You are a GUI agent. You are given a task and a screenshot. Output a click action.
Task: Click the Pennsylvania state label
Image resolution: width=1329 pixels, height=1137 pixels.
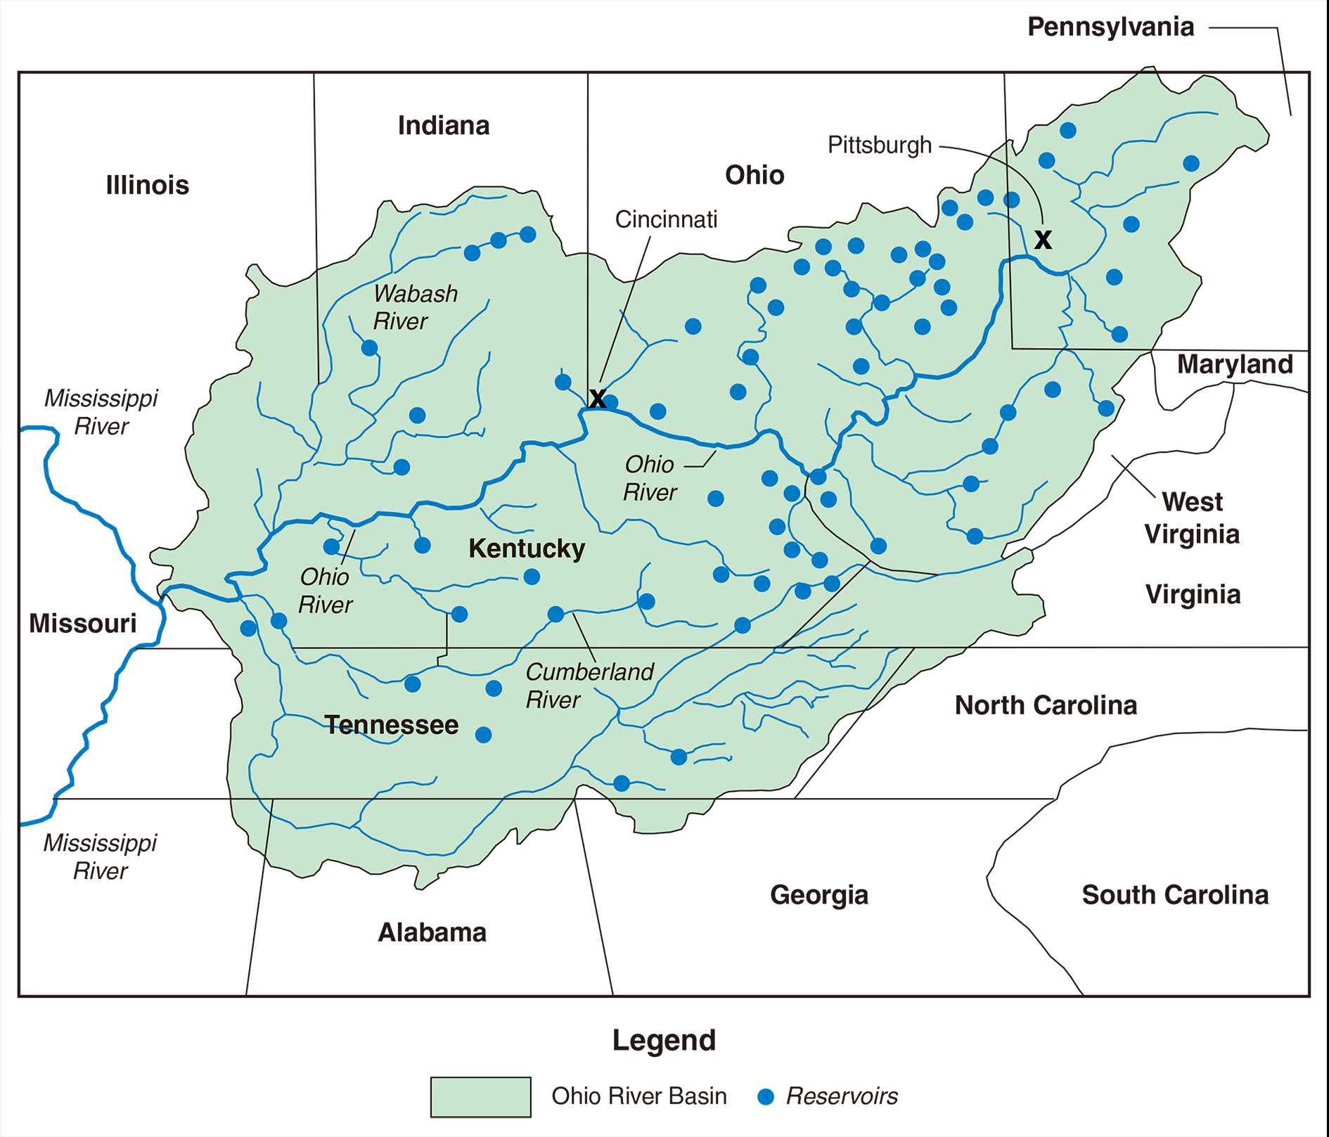[x=1110, y=27]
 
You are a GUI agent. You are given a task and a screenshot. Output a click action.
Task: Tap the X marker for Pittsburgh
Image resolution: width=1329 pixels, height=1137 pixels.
[x=1043, y=240]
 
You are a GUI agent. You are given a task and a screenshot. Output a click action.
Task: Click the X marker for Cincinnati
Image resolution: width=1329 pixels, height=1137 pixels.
[x=597, y=399]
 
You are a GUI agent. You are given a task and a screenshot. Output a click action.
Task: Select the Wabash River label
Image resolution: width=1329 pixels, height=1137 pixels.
[x=415, y=307]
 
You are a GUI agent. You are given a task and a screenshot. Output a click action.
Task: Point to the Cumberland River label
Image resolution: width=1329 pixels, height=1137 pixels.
[x=589, y=686]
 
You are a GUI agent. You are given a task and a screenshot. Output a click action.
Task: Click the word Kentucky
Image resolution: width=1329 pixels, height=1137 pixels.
[x=527, y=548]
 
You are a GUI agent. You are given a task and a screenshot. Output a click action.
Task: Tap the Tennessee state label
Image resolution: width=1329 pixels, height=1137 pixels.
[x=392, y=725]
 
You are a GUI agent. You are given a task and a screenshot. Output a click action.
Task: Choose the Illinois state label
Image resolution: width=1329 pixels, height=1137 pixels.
[x=148, y=185]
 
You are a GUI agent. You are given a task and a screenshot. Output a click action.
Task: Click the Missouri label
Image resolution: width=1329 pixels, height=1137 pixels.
[x=83, y=624]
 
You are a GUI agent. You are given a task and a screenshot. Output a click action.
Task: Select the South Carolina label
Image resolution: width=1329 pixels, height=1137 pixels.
[x=1175, y=895]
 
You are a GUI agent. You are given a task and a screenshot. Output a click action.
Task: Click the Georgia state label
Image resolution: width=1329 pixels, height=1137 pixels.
[x=819, y=895]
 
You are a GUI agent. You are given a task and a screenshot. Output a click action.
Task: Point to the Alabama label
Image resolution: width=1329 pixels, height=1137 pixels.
[x=432, y=932]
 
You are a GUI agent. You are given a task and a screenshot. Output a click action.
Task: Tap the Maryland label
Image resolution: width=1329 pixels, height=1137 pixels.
[x=1235, y=364]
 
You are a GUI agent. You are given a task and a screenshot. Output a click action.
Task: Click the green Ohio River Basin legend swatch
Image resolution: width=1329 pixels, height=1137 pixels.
[x=480, y=1096]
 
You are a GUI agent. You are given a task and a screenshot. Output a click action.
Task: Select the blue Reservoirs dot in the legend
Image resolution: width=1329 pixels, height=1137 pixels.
[x=766, y=1097]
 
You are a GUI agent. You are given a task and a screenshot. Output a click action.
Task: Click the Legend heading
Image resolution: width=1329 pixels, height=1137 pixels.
[x=664, y=1040]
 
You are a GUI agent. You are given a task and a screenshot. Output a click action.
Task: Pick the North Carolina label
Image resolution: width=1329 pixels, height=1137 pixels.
[x=1046, y=705]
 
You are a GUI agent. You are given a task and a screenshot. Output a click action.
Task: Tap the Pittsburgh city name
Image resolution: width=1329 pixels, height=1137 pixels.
[x=879, y=146]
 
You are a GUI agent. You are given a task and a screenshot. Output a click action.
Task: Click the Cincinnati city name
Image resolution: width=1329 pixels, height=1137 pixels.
[x=666, y=219]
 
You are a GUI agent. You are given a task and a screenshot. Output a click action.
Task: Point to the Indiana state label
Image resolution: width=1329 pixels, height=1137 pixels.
[x=444, y=126]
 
